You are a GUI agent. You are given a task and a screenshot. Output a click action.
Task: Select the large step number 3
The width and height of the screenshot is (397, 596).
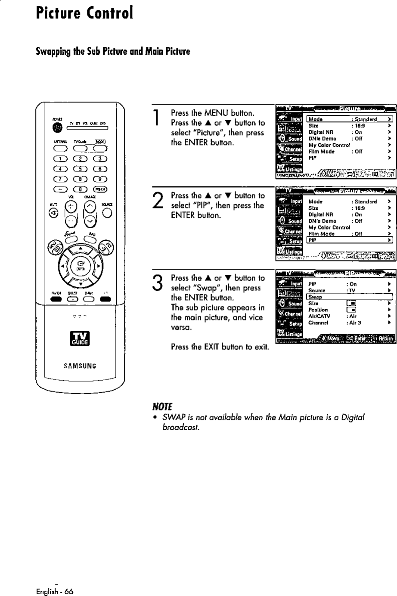158,283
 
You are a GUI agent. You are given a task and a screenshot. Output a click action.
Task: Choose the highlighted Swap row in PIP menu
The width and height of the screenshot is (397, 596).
349,297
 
